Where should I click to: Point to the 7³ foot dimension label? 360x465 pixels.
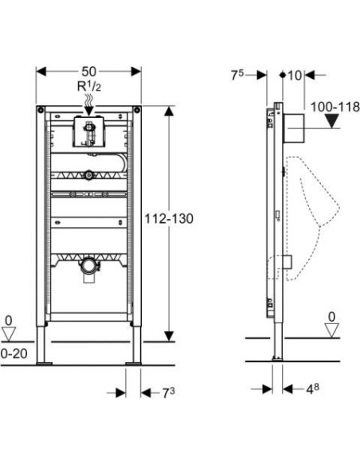[162, 393]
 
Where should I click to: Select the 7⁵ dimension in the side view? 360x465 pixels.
[237, 75]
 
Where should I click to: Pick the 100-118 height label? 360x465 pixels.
[335, 105]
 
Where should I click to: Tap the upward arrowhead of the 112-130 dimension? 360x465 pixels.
[168, 111]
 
